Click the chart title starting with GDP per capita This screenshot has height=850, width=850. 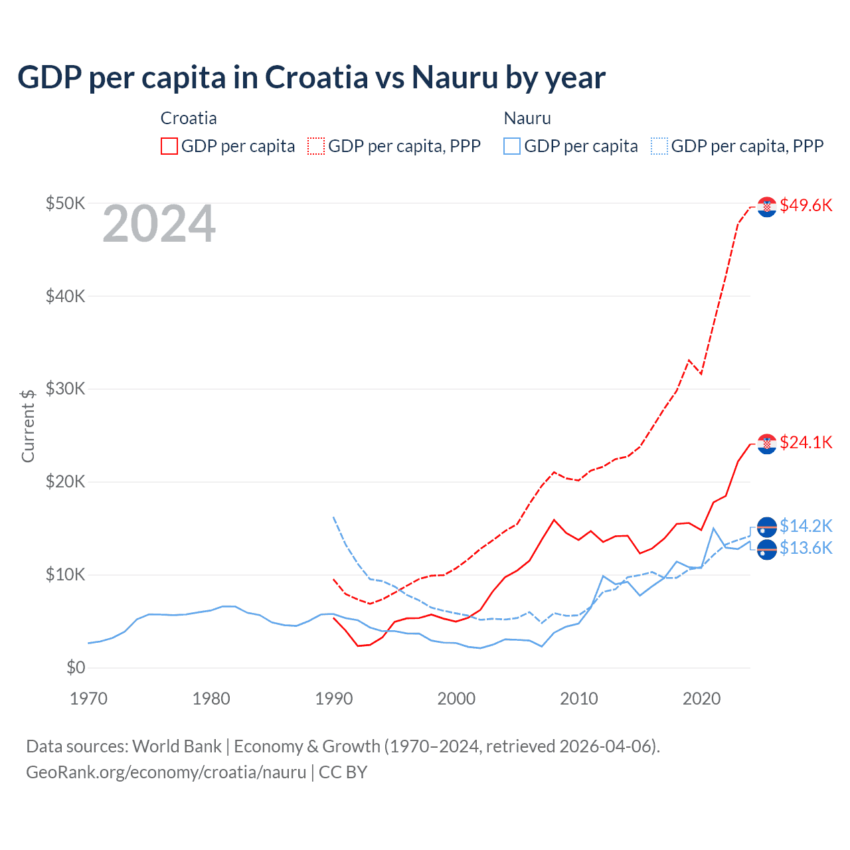[x=311, y=78]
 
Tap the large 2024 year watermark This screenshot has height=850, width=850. [x=159, y=224]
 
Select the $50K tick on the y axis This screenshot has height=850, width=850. [x=65, y=203]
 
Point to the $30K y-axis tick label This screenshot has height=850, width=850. [x=65, y=388]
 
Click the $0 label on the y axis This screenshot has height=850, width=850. [x=76, y=667]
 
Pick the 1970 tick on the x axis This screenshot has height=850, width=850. [x=88, y=699]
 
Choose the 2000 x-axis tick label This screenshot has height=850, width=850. [x=456, y=699]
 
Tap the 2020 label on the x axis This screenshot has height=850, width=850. [x=701, y=699]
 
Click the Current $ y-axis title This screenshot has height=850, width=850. [x=28, y=426]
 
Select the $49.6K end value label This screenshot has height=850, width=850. [x=806, y=205]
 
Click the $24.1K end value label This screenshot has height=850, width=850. [x=806, y=442]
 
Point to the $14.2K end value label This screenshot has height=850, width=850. [x=806, y=526]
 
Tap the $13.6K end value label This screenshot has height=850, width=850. [x=806, y=548]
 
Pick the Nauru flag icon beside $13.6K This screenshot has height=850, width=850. [x=767, y=550]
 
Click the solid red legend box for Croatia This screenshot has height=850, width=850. [x=169, y=146]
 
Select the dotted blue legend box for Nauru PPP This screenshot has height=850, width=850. [x=659, y=146]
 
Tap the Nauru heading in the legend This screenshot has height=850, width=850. [x=527, y=118]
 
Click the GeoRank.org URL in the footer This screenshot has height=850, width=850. [x=166, y=772]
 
